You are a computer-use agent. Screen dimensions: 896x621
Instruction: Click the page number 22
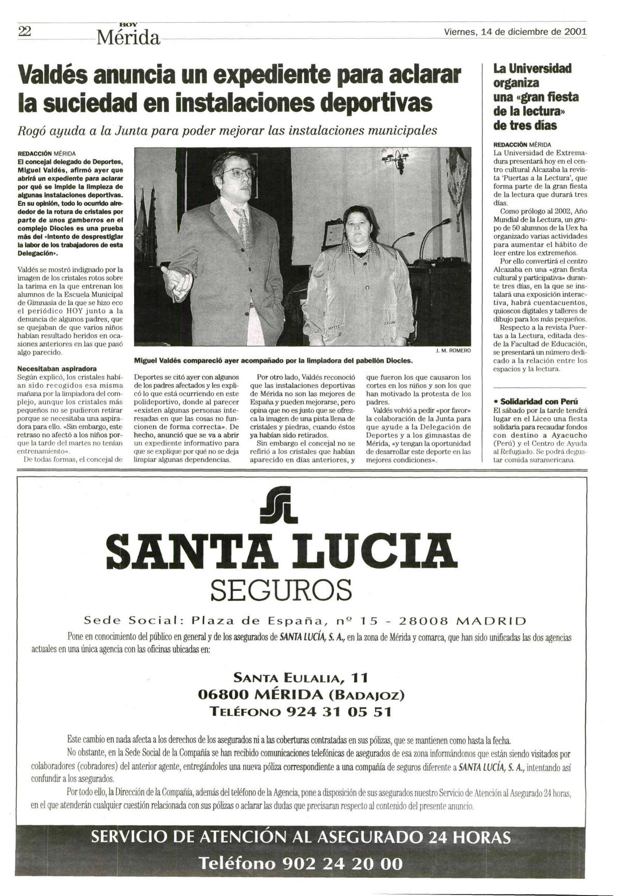pos(25,32)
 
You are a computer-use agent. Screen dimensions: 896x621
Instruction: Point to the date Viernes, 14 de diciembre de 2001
pos(515,32)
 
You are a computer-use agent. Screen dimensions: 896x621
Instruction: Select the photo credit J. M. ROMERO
pos(453,351)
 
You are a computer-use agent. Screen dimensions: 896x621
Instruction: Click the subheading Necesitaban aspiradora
pos(57,369)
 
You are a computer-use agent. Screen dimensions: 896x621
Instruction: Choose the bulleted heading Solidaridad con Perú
pos(536,401)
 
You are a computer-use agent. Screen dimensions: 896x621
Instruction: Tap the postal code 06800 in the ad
pos(224,694)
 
